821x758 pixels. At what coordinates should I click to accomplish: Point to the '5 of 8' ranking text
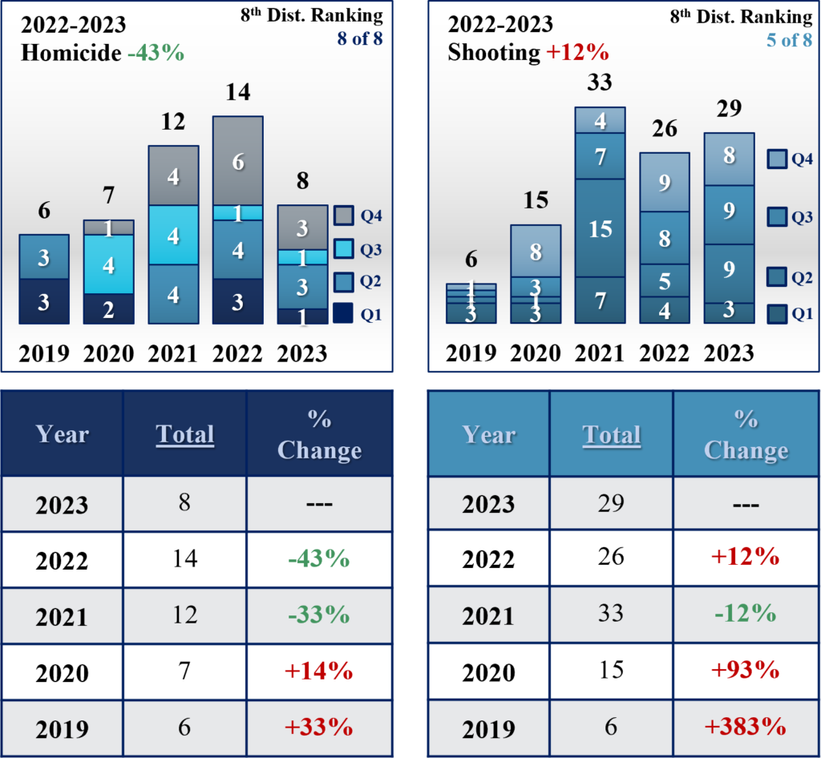tap(789, 39)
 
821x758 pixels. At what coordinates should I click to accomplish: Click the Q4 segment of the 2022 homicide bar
tap(238, 160)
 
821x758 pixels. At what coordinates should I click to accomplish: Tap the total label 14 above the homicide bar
tap(238, 92)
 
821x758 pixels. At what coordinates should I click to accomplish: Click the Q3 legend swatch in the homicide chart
tap(342, 250)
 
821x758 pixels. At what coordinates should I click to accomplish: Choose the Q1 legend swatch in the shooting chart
tap(776, 314)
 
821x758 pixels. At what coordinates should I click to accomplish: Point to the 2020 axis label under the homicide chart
tap(108, 353)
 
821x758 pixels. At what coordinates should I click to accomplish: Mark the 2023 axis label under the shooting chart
tap(728, 353)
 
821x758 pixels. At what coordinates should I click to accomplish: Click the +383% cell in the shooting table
tap(746, 726)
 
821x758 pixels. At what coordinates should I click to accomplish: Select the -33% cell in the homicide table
tap(319, 615)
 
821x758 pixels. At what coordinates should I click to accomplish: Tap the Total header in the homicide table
tap(185, 434)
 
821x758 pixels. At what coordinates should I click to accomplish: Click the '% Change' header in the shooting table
tap(746, 434)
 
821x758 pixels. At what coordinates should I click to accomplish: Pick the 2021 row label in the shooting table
tap(488, 616)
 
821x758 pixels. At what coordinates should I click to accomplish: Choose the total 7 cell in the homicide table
tap(185, 670)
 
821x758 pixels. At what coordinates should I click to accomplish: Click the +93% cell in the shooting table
tap(746, 670)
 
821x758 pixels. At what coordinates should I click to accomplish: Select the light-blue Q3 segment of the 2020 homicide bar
tap(108, 264)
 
